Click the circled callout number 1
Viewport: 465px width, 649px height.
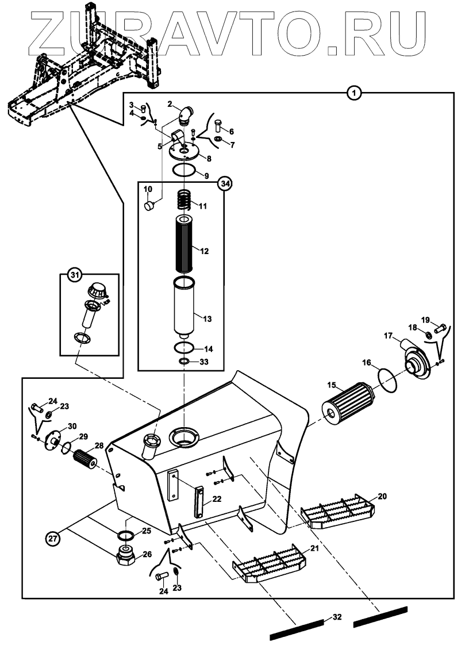point(355,92)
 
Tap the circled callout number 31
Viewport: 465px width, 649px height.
point(74,277)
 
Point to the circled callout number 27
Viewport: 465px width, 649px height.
point(53,538)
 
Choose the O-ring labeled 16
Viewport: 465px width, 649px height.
point(387,379)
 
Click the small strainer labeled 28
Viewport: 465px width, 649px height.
point(87,460)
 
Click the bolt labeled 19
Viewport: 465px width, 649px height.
point(441,329)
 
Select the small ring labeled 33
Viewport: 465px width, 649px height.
point(184,361)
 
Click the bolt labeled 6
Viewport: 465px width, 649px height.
point(218,124)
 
